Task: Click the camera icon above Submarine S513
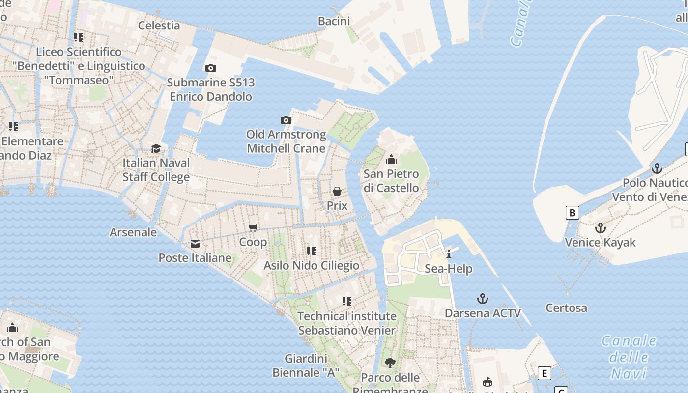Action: [211, 68]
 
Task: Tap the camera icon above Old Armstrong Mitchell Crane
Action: [286, 120]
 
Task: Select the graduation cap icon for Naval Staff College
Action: [156, 148]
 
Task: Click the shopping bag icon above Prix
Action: [337, 191]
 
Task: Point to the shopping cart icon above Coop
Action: [253, 227]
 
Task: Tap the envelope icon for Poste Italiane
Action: [195, 244]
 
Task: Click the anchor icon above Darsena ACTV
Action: [483, 299]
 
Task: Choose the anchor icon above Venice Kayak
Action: [600, 228]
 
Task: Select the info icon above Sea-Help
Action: [449, 254]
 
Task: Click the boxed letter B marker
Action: [572, 213]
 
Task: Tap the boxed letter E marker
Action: [544, 373]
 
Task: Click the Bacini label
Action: [334, 21]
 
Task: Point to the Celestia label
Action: [159, 26]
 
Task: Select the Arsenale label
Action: [133, 232]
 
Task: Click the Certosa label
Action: [566, 308]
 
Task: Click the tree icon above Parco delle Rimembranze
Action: [390, 363]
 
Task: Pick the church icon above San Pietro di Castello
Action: [391, 159]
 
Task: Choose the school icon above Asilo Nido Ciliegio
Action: [311, 251]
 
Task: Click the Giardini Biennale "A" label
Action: [306, 365]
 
